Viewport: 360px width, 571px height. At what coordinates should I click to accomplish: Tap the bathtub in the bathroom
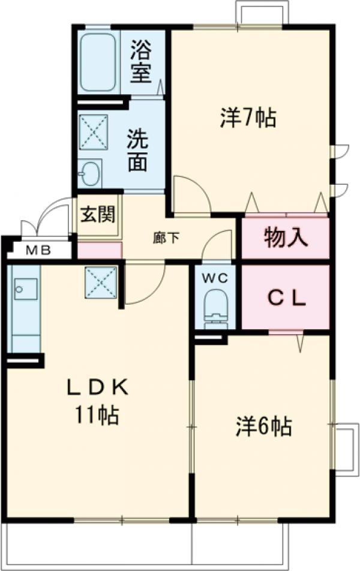pos(97,61)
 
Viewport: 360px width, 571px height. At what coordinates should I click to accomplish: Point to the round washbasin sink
pos(91,174)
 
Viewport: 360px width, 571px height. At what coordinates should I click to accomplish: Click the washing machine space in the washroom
pos(93,131)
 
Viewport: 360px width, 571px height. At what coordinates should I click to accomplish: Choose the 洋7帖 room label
pos(248,118)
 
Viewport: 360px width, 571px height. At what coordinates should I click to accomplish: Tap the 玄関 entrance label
pos(98,214)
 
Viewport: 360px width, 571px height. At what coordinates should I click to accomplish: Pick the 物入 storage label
pos(286,238)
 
